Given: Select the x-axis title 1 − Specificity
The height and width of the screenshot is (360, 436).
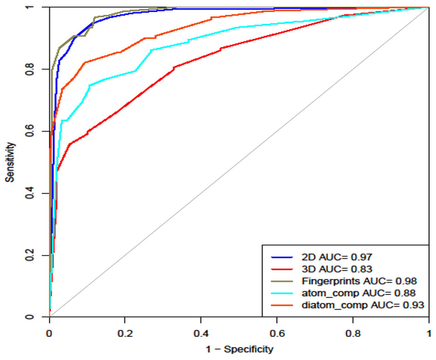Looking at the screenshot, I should coord(239,350).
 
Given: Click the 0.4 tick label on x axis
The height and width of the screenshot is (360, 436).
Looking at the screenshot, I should coord(201,333).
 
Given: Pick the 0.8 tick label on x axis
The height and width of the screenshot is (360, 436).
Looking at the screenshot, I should coord(353,333).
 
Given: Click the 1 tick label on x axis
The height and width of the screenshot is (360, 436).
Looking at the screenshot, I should coord(428,333).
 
